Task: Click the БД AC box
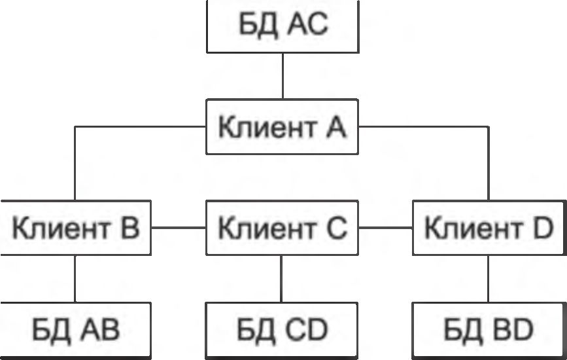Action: point(283,27)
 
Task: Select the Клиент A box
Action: point(283,126)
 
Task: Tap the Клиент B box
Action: point(75,228)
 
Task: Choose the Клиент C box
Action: point(283,228)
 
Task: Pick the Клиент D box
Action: point(489,228)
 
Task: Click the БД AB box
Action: point(75,331)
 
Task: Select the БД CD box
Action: point(283,331)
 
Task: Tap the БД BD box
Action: point(489,331)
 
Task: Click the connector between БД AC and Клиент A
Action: point(283,75)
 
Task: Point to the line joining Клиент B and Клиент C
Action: point(179,228)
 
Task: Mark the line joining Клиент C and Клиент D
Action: point(386,228)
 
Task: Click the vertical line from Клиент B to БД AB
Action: point(75,278)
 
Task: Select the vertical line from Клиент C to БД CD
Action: point(283,278)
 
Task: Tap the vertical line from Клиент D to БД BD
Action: point(489,278)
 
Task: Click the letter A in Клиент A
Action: point(335,126)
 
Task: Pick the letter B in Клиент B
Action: point(129,229)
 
